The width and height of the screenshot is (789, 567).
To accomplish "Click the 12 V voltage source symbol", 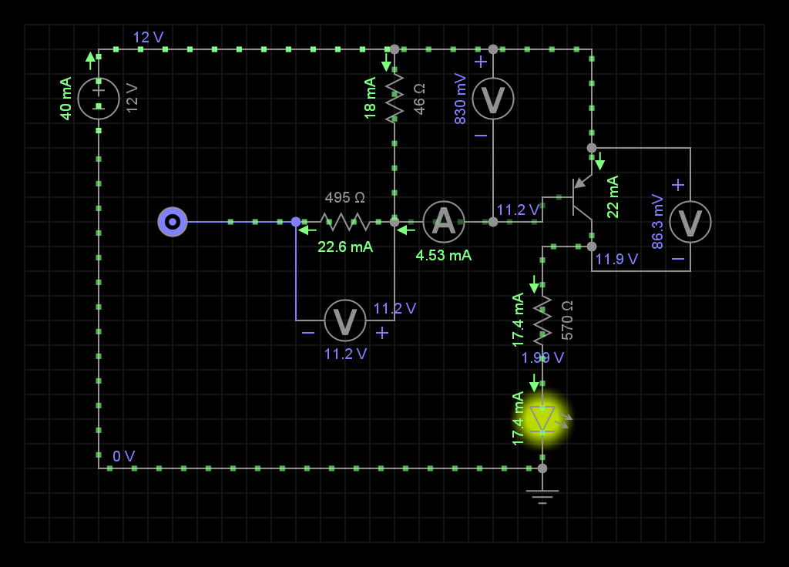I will tap(99, 99).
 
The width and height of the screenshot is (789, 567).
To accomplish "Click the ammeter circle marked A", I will tap(444, 222).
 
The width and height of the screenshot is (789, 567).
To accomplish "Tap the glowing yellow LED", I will tap(542, 418).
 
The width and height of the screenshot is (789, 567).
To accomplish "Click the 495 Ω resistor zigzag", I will tap(345, 222).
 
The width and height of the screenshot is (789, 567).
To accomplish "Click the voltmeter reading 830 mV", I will tap(493, 99).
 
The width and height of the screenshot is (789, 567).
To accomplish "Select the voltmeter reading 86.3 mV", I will tap(690, 222).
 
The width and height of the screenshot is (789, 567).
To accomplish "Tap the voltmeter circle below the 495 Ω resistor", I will tap(345, 320).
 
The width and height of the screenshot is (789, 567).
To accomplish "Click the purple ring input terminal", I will tap(173, 222).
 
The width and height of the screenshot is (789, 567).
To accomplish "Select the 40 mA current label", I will tap(66, 99).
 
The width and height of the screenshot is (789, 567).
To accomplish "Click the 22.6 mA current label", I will tap(345, 247).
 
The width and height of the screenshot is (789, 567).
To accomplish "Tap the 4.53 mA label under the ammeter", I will tap(444, 255).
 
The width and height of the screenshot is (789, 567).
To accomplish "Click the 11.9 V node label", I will tap(616, 260).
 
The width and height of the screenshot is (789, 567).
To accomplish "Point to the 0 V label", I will tap(124, 456).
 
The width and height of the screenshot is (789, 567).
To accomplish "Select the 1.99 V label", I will tap(542, 357).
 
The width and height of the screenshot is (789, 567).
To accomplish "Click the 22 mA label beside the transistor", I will tap(613, 197).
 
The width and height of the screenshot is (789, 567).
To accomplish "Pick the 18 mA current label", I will tap(371, 98).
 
